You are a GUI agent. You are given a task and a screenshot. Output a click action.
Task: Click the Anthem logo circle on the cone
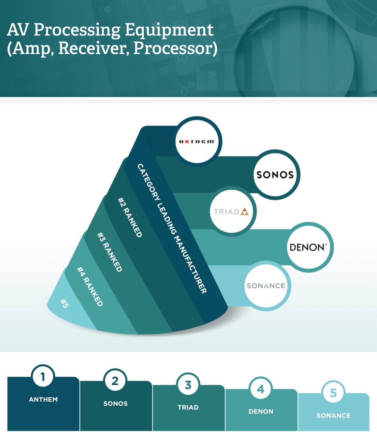197,141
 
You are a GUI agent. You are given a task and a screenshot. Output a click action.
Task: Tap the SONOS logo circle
275,175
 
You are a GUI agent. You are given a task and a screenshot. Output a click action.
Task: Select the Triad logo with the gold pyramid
232,212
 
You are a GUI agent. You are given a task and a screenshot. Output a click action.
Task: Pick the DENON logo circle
308,247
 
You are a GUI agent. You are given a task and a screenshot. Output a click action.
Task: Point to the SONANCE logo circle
266,286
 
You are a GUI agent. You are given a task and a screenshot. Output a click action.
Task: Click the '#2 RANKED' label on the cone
130,217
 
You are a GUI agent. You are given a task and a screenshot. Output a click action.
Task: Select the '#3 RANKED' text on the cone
109,252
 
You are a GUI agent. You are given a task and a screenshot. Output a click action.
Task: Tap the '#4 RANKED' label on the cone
90,286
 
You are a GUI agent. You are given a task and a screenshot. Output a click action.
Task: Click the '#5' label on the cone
64,303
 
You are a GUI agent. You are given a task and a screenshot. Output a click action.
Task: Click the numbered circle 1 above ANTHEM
43,376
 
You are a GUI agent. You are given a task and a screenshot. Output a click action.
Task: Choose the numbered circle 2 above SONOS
115,381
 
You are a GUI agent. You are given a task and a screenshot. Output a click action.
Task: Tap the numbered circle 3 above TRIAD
188,385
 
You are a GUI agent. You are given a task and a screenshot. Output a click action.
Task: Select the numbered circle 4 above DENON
261,389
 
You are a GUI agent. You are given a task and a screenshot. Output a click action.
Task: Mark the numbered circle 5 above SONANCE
333,393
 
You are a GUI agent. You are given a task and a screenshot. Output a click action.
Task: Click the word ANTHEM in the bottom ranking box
43,400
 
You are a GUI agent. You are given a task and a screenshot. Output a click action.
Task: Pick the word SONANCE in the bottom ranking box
333,416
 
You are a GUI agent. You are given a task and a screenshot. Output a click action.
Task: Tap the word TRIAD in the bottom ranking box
188,407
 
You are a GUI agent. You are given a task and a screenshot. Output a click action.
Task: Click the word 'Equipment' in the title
169,30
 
